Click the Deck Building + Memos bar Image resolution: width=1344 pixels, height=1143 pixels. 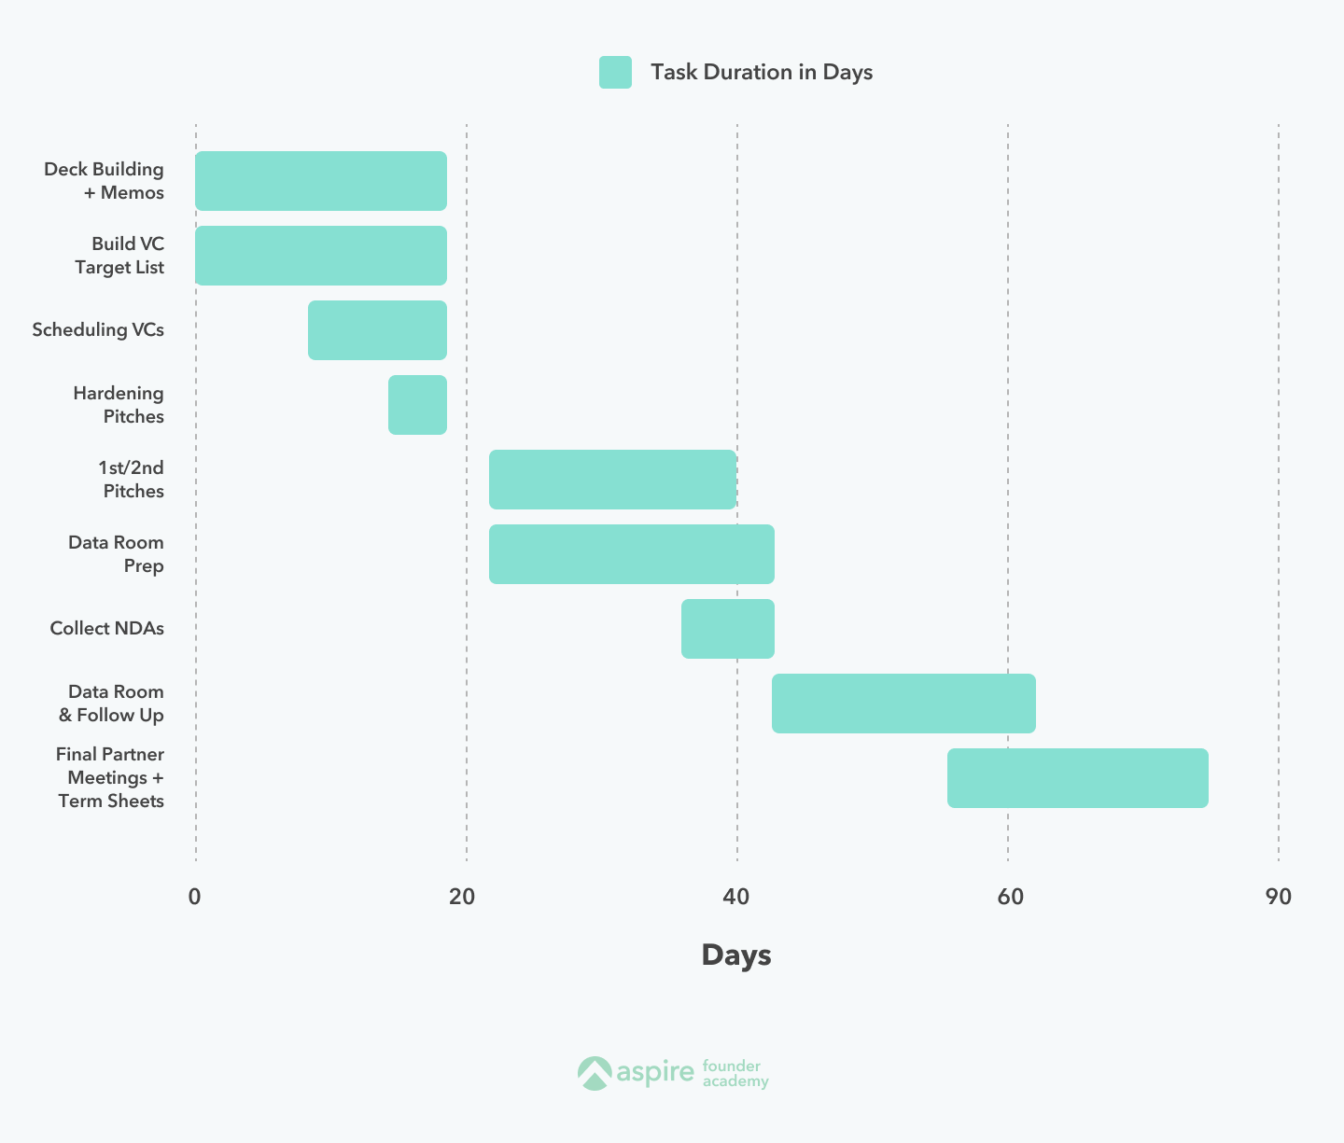321,181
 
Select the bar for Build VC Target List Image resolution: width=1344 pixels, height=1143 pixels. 321,256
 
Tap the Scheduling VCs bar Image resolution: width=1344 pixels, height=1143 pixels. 377,330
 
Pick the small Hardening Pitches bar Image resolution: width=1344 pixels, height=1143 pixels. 417,405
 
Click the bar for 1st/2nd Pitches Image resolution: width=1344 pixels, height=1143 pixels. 612,480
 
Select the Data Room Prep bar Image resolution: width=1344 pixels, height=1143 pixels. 631,554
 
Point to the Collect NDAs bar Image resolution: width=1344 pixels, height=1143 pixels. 727,629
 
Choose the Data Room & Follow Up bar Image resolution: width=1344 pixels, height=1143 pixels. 903,704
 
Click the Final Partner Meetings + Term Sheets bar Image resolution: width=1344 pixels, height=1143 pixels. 1077,778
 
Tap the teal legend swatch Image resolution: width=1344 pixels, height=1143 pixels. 615,73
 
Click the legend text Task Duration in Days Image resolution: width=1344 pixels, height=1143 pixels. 762,73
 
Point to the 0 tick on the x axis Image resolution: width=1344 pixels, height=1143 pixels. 194,898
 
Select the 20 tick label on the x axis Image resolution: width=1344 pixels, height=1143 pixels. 462,898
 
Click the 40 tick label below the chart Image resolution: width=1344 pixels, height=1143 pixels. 735,898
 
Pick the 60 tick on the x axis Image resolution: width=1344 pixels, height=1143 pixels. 1010,898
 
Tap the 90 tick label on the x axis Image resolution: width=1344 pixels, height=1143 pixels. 1279,898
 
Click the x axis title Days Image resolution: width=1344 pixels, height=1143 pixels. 736,955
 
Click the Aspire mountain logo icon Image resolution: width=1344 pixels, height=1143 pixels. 594,1073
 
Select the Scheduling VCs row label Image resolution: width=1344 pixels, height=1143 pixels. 98,330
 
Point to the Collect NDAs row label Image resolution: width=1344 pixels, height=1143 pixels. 106,629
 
